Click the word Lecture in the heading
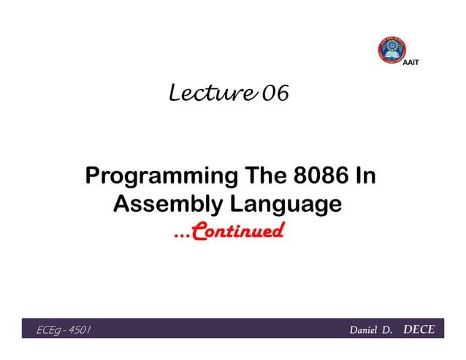(213, 93)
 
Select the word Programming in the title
(158, 177)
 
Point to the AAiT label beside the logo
(412, 65)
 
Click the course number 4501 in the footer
(79, 330)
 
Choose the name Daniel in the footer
(364, 330)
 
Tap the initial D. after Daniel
(388, 330)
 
